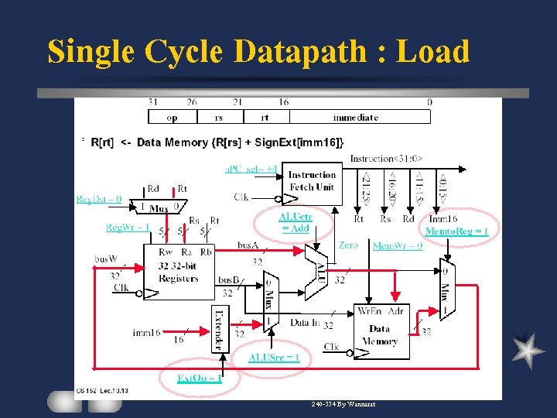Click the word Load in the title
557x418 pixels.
pos(432,52)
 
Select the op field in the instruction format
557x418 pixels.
pos(172,118)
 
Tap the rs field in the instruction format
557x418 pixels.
pos(219,118)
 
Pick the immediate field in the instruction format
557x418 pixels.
pos(355,118)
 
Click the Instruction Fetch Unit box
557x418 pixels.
pos(312,181)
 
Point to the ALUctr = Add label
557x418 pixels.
pos(295,223)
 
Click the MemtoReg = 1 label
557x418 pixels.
pos(456,231)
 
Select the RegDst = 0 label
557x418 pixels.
pos(99,199)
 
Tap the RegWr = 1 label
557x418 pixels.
pos(128,227)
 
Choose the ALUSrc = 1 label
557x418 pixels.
pos(274,357)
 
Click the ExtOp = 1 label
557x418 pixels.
pos(200,378)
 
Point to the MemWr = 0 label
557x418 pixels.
pos(398,246)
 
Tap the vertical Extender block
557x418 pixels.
pos(219,326)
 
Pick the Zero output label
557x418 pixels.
pos(348,245)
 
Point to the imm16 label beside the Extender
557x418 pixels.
pos(146,333)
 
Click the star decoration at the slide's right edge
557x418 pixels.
pos(528,349)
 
